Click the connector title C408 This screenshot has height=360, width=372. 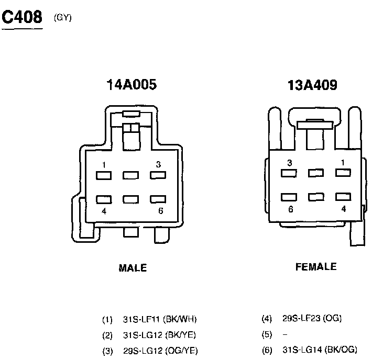pos(22,17)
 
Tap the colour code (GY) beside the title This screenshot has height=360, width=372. pos(63,18)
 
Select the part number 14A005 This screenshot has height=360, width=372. pos(132,85)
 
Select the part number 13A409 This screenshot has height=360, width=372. pos(312,85)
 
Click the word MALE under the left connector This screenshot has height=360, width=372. pos(133,268)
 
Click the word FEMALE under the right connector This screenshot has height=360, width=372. pos(316,267)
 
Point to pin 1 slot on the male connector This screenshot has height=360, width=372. pos(104,176)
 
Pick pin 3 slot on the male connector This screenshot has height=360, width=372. pos(158,175)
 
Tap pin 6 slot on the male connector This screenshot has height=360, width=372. pos(158,199)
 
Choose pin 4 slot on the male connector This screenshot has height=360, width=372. pos(104,199)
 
